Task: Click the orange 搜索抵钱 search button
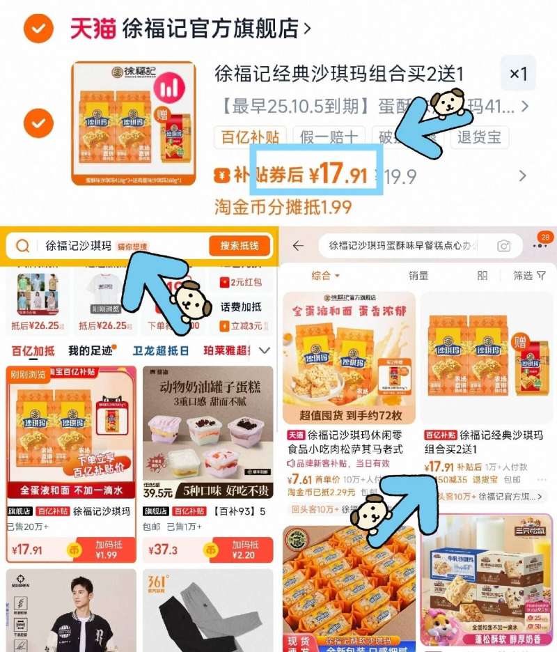239,246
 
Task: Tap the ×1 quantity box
518,74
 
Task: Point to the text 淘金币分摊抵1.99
283,206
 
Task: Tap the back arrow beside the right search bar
299,246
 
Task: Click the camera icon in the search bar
503,246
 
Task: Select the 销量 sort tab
418,276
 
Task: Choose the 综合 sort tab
325,276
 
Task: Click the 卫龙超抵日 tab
161,350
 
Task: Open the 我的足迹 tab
90,350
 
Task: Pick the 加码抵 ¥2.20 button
245,550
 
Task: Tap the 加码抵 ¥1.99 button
106,550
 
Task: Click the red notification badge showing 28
545,238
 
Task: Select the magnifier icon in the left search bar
23,246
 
